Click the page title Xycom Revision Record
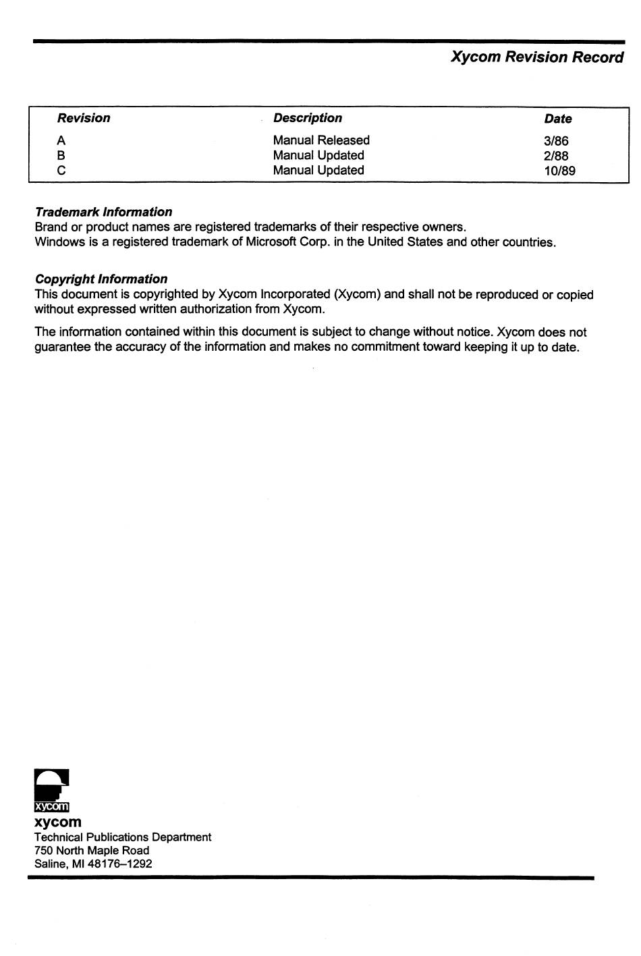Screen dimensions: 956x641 536,57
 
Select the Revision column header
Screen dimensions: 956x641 84,118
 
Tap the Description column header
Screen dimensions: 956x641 307,118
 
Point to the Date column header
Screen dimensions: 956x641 557,119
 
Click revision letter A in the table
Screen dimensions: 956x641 61,140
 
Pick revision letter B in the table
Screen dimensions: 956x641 61,155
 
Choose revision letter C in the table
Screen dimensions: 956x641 61,170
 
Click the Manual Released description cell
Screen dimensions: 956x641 321,140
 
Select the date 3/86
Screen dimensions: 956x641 556,141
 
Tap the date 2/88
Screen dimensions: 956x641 556,156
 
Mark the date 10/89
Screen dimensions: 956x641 559,171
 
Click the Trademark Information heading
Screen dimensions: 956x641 103,212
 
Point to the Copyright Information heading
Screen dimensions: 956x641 101,279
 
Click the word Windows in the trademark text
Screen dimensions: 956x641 60,242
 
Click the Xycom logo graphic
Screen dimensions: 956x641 52,790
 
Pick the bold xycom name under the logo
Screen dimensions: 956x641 57,822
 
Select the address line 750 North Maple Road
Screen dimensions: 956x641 92,850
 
